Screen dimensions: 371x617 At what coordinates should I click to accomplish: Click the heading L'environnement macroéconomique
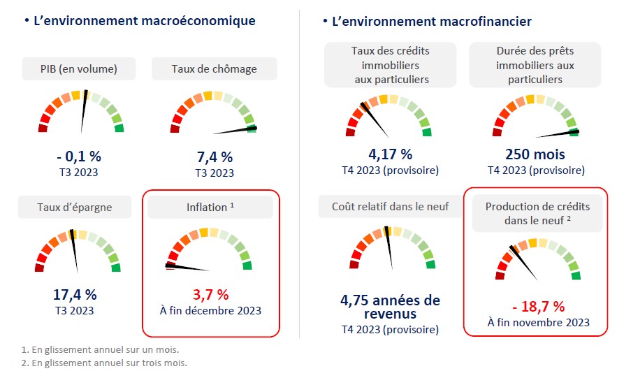144,21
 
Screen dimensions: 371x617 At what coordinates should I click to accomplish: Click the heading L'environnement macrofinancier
432,22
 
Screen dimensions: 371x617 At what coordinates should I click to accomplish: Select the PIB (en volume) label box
79,68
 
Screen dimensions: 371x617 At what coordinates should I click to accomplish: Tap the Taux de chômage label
214,68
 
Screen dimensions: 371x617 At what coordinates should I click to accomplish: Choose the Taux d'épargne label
75,207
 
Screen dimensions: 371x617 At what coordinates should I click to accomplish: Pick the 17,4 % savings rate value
75,294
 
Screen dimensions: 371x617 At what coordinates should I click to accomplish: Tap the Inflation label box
210,207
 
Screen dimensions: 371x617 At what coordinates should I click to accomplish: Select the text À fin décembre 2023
210,310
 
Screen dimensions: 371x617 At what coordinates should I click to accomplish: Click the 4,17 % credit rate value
390,154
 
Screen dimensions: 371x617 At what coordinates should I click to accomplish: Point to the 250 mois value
535,154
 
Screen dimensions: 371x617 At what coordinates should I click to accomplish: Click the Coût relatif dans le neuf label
390,207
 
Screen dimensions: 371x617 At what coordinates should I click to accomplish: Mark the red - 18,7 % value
537,306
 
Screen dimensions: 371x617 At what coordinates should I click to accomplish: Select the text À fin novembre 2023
537,322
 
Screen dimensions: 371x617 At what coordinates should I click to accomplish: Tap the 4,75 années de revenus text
390,307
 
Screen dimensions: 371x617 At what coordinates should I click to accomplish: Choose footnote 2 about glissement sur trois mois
104,363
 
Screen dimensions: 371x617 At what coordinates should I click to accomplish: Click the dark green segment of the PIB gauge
119,128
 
